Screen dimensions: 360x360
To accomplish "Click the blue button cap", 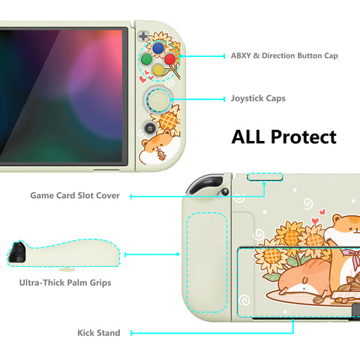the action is [x=158, y=48].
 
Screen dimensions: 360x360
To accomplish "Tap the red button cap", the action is [x=170, y=59].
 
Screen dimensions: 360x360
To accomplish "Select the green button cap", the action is [x=146, y=59].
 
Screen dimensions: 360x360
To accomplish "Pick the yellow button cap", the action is [x=158, y=70].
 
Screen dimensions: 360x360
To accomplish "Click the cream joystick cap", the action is [x=158, y=100].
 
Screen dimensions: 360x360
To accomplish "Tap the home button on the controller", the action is [x=150, y=128].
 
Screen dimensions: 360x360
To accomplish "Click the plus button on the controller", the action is [x=143, y=36].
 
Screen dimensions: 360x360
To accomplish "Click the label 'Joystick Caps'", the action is [x=258, y=98].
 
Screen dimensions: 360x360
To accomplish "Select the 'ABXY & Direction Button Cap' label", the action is [x=284, y=55].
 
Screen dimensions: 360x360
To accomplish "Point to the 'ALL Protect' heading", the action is [x=284, y=136].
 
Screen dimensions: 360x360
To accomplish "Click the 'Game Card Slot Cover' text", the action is [x=75, y=195].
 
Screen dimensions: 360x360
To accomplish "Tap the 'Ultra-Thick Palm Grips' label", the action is [x=65, y=283].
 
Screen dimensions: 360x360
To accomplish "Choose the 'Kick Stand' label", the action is [x=99, y=333].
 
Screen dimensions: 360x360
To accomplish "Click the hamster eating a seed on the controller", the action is [x=160, y=149].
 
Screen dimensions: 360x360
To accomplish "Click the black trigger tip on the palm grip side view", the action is [x=17, y=252].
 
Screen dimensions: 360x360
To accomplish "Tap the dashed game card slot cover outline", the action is [x=265, y=176].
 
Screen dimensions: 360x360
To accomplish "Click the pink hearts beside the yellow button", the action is [x=146, y=76].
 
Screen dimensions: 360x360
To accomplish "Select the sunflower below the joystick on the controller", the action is [x=168, y=121].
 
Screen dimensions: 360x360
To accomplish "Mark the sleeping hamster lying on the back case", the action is [x=305, y=278].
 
